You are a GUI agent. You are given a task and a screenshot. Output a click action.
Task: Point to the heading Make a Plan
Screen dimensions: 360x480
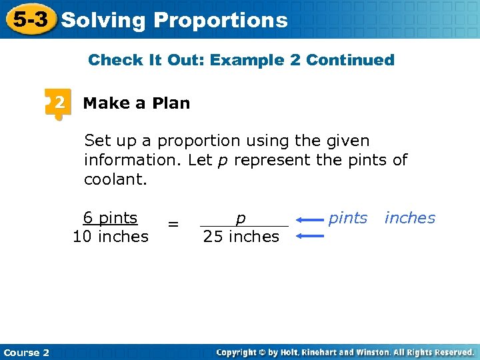[136, 103]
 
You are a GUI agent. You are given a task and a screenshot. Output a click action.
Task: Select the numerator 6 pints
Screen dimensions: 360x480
[110, 218]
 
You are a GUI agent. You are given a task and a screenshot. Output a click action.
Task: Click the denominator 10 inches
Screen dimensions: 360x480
[111, 237]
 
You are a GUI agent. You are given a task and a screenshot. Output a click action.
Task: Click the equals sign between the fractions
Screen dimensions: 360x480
[173, 225]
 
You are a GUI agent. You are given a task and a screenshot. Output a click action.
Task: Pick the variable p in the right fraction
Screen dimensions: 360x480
[241, 218]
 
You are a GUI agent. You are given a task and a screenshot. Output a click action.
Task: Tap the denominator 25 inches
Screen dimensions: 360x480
[241, 237]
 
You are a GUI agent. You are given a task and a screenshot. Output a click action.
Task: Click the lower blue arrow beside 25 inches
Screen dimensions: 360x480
[310, 235]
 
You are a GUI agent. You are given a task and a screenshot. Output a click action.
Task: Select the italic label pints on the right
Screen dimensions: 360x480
[348, 218]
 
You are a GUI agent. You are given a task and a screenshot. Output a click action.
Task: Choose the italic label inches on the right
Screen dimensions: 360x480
[409, 218]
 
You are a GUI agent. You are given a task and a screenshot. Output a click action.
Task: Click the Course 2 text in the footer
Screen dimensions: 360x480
[27, 353]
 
